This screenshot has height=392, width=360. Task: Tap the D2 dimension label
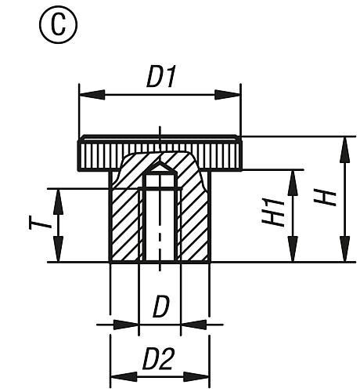pyautogui.click(x=159, y=360)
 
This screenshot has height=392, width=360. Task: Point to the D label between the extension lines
pyautogui.click(x=160, y=306)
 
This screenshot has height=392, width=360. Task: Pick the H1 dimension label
pyautogui.click(x=274, y=213)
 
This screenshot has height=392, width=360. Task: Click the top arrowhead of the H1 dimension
pyautogui.click(x=293, y=176)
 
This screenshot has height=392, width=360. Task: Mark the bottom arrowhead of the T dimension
pyautogui.click(x=58, y=255)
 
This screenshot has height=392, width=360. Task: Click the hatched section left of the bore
pyautogui.click(x=125, y=223)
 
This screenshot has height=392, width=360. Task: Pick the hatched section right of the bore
pyautogui.click(x=194, y=223)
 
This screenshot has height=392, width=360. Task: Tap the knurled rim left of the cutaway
pyautogui.click(x=98, y=152)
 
